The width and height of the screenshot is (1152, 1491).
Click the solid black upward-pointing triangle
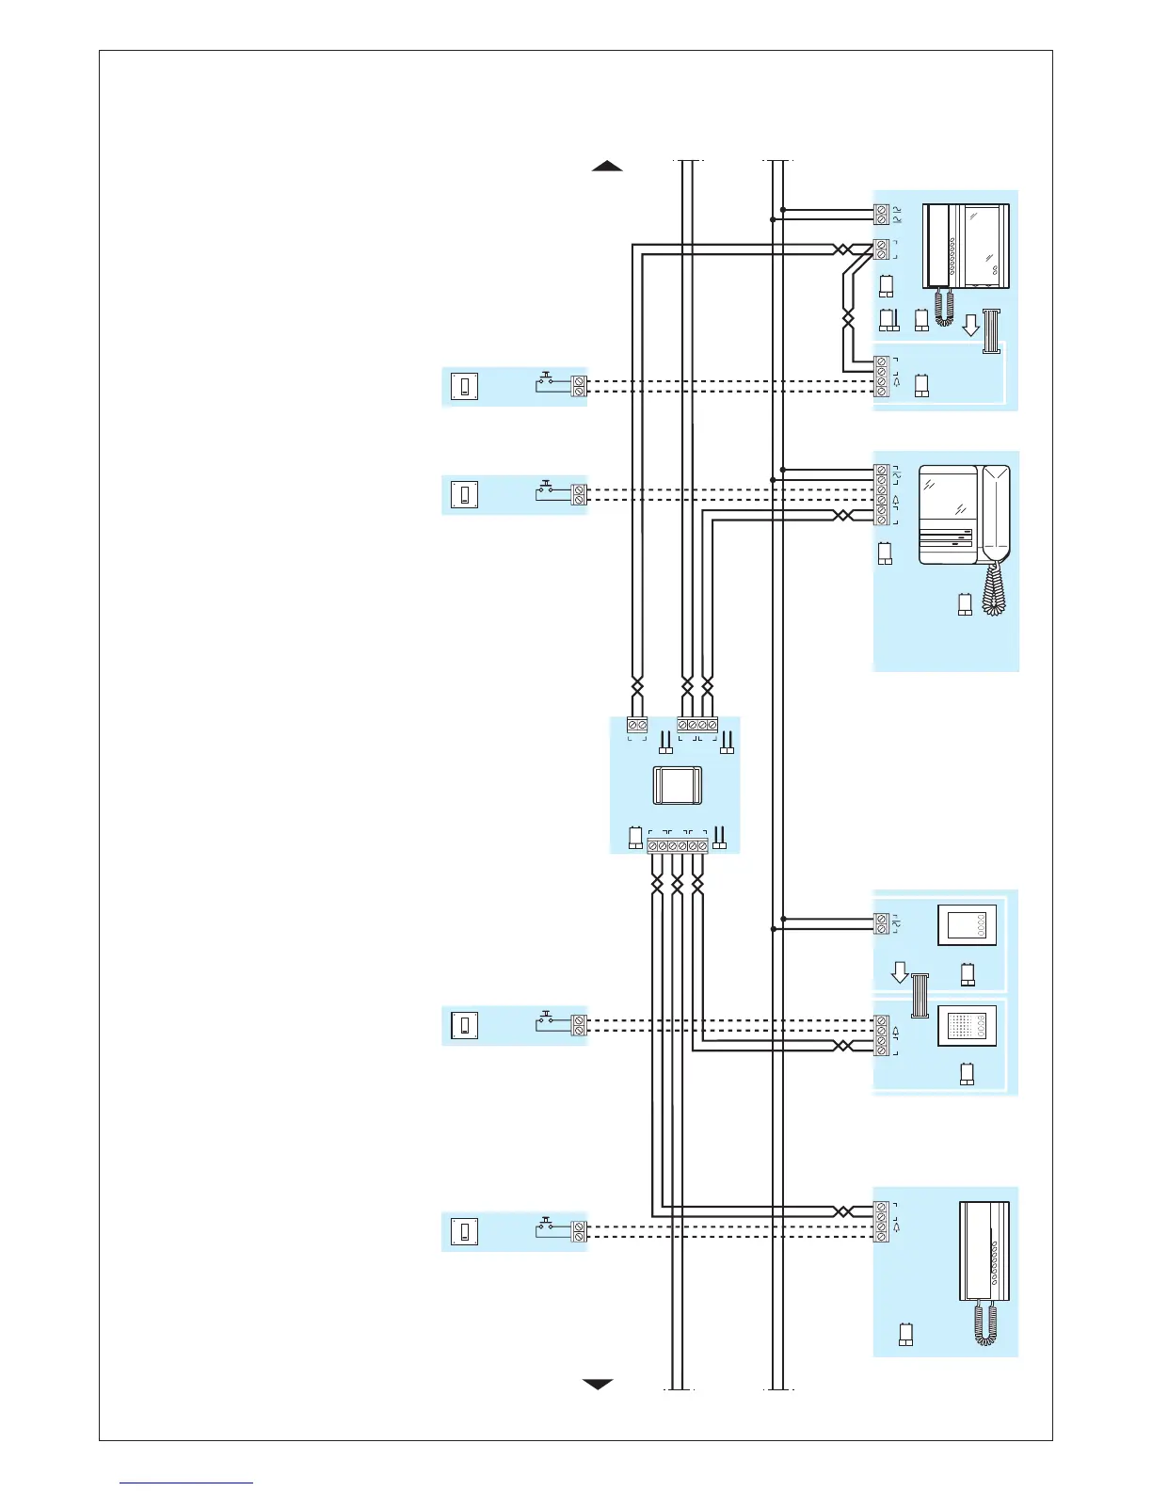coord(607,167)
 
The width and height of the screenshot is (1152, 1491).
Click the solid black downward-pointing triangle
coord(598,1384)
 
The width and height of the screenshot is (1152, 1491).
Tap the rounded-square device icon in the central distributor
coord(677,785)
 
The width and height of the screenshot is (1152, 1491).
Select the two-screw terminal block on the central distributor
coord(637,725)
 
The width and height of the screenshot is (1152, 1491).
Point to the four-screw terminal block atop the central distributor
coord(697,725)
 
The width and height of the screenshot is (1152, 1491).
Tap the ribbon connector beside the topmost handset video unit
coord(990,331)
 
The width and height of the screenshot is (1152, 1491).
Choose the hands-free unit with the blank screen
coord(967,925)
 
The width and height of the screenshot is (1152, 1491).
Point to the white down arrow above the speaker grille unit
coord(900,972)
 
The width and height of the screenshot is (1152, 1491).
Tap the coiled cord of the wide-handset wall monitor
coord(993,588)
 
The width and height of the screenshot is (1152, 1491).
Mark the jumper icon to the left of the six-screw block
coord(635,839)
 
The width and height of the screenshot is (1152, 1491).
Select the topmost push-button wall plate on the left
coord(465,387)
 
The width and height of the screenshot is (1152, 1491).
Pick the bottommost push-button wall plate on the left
coord(465,1231)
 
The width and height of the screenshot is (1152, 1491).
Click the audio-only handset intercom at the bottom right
coord(984,1252)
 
